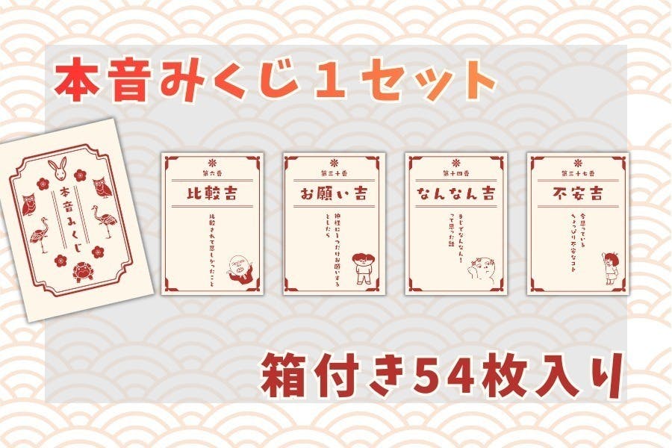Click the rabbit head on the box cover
[x=56, y=166]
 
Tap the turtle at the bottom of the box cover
[x=81, y=271]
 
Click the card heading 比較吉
[x=212, y=193]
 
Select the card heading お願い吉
[x=334, y=193]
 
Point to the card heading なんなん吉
[x=456, y=193]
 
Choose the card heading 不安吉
[x=577, y=193]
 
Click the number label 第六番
[x=212, y=172]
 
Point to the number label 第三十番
[x=334, y=172]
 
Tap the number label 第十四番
[x=456, y=172]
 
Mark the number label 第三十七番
[x=577, y=172]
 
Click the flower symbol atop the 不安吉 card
[x=577, y=161]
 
